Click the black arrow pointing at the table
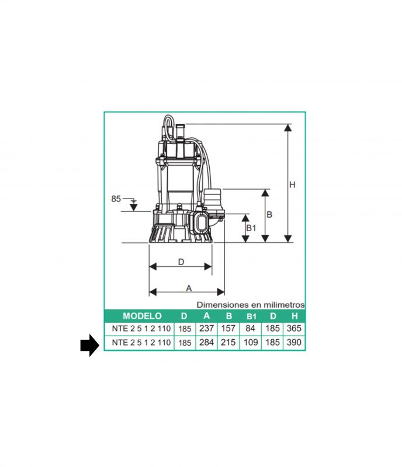click(90, 345)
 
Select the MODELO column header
click(142, 316)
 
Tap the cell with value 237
click(207, 329)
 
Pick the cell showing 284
click(207, 343)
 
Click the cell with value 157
click(228, 329)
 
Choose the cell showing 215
click(228, 343)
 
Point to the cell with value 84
click(251, 329)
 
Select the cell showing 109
click(251, 343)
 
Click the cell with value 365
click(294, 329)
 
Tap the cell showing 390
click(294, 343)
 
